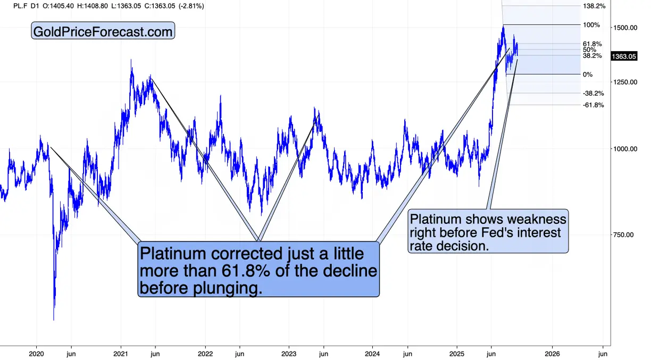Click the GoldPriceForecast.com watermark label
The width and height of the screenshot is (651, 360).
point(103,31)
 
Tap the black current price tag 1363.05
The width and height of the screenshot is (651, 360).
point(624,56)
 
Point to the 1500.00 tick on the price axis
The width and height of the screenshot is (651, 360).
point(625,28)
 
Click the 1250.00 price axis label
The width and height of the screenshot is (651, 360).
point(625,82)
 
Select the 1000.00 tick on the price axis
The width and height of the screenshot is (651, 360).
point(625,149)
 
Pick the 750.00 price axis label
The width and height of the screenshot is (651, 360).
point(623,235)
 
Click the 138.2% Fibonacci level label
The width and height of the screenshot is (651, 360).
point(594,6)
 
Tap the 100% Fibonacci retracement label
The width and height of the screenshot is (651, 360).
point(591,25)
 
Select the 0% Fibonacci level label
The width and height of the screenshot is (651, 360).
point(588,74)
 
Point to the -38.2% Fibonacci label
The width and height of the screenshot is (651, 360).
point(593,93)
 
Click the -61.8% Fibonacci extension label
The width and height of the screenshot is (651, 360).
point(593,105)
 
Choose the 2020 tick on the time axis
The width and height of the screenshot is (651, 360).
point(36,354)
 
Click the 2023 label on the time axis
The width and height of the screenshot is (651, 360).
point(289,354)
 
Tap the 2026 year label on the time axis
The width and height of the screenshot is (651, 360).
point(552,354)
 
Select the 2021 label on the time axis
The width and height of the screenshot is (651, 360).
point(121,354)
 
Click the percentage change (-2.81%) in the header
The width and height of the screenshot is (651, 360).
point(191,6)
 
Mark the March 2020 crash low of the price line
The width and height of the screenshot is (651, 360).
point(54,319)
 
